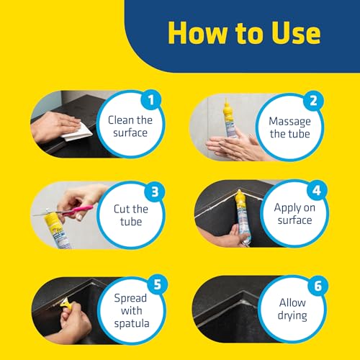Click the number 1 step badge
click(150, 100)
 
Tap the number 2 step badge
click(313, 101)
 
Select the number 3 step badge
click(155, 192)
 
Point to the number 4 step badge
click(317, 190)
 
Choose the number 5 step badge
click(157, 284)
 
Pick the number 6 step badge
click(318, 286)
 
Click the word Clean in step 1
click(121, 120)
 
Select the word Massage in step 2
click(289, 122)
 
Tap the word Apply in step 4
click(287, 208)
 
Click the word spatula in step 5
click(132, 324)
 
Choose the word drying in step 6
click(292, 315)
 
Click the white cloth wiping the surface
click(77, 132)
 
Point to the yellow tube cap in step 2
click(226, 109)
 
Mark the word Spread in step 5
click(130, 298)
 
